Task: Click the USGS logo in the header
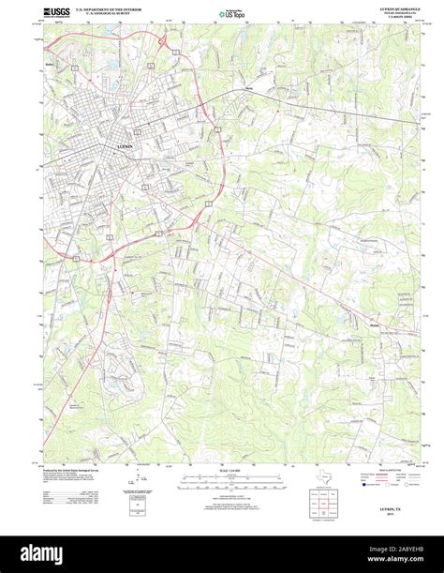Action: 54,14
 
